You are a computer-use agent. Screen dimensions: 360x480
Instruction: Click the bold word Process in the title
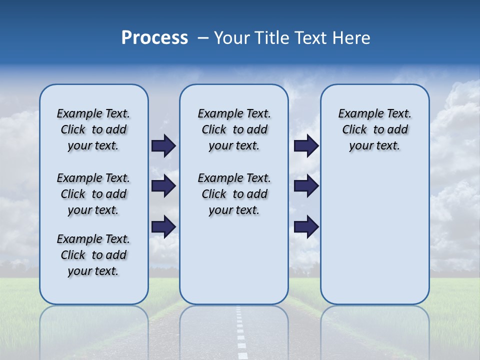pyautogui.click(x=154, y=38)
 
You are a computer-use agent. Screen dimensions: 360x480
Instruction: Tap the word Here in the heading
pyautogui.click(x=351, y=38)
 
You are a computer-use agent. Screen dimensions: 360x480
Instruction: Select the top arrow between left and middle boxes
pyautogui.click(x=163, y=145)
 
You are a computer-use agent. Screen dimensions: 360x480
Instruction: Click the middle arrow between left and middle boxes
pyautogui.click(x=163, y=186)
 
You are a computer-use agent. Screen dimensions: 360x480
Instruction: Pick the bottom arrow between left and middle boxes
pyautogui.click(x=163, y=226)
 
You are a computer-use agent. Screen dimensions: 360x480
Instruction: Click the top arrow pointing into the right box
pyautogui.click(x=306, y=145)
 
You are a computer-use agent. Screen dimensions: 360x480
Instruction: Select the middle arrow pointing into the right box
pyautogui.click(x=306, y=186)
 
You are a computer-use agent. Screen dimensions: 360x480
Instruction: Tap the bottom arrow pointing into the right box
pyautogui.click(x=306, y=226)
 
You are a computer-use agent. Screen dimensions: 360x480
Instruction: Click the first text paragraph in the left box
pyautogui.click(x=93, y=129)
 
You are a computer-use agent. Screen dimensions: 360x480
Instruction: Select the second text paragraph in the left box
pyautogui.click(x=93, y=194)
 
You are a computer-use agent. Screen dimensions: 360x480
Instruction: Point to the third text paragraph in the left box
pyautogui.click(x=93, y=255)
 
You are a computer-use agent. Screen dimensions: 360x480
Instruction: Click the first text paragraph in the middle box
pyautogui.click(x=234, y=129)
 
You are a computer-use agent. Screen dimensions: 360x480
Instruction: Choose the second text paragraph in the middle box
pyautogui.click(x=234, y=194)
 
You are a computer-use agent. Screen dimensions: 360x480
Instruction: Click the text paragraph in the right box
pyautogui.click(x=375, y=129)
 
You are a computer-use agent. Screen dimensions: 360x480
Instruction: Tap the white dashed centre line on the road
pyautogui.click(x=240, y=335)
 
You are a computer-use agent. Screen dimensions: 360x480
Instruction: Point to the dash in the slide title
pyautogui.click(x=203, y=38)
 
